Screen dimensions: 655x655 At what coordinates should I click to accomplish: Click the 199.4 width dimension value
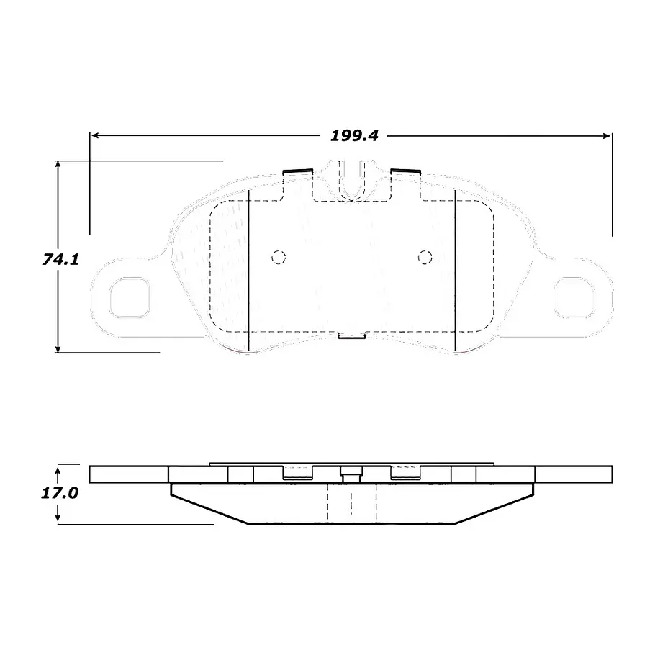point(354,135)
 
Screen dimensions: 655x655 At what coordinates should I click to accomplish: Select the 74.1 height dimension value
point(60,259)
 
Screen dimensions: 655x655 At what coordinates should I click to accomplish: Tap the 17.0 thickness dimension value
point(59,493)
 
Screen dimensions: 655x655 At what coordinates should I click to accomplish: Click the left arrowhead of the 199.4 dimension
point(95,135)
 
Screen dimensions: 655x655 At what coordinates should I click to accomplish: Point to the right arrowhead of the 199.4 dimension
point(607,135)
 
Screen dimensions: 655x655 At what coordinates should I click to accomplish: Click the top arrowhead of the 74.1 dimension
point(58,165)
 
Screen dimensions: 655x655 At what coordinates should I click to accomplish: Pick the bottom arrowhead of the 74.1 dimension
point(58,348)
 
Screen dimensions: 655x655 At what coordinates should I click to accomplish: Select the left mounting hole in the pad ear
point(129,297)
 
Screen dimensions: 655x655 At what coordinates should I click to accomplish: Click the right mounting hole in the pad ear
point(574,297)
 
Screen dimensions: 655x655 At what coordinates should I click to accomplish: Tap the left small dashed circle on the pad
point(279,258)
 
